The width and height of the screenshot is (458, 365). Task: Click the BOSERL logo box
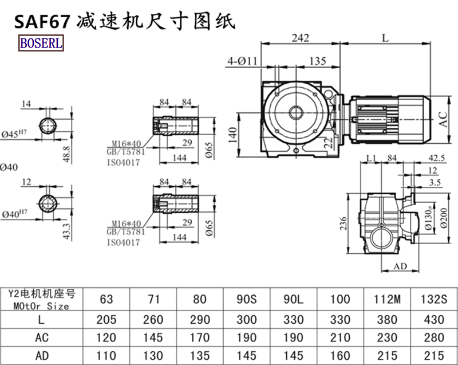41,42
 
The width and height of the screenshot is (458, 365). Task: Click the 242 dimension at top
300,38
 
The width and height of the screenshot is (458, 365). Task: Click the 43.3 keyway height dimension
67,231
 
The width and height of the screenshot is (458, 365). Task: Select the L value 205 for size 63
106,320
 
